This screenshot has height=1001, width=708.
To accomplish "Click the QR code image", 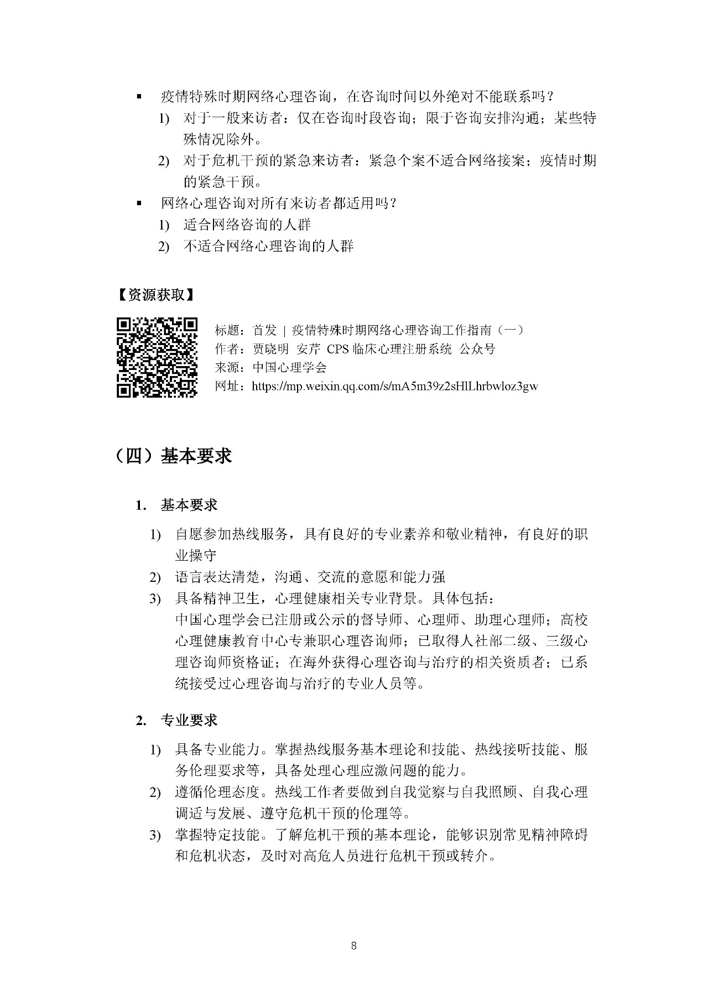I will pyautogui.click(x=157, y=357).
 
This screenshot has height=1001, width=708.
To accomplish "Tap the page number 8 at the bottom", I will pyautogui.click(x=354, y=946).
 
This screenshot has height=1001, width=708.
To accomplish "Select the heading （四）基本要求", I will pyautogui.click(x=174, y=456).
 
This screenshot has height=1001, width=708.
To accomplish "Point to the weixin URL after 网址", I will pyautogui.click(x=394, y=386).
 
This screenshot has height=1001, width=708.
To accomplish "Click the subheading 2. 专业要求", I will pyautogui.click(x=177, y=720).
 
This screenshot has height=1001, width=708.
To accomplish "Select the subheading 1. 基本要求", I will pyautogui.click(x=177, y=505).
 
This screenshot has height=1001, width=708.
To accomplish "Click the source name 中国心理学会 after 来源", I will pyautogui.click(x=289, y=367).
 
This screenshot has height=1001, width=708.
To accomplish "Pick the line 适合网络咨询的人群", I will pyautogui.click(x=247, y=225).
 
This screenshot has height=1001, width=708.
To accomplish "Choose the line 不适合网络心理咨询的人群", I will pyautogui.click(x=268, y=246).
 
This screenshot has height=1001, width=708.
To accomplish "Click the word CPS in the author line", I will pyautogui.click(x=338, y=349).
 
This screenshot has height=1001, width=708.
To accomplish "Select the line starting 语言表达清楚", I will pyautogui.click(x=310, y=577).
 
